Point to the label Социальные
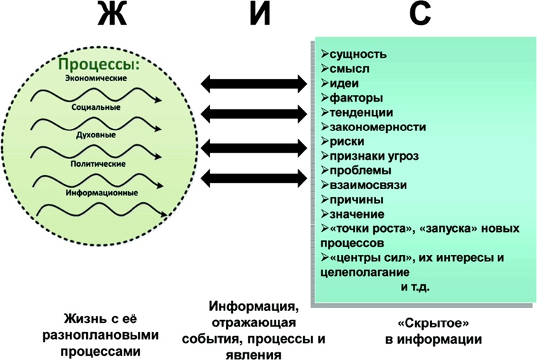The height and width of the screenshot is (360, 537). click(x=96, y=108)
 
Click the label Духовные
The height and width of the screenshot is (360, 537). click(x=96, y=136)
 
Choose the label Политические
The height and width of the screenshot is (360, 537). click(x=97, y=164)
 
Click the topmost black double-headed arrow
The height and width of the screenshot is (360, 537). click(x=253, y=84)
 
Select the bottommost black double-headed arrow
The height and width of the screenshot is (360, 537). click(x=253, y=179)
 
